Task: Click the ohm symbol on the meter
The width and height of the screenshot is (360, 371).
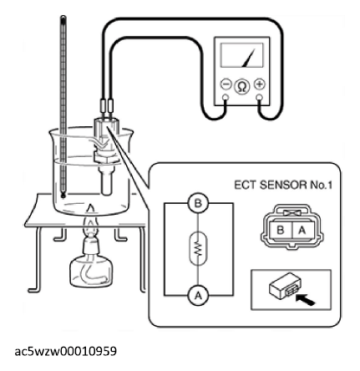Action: (242, 87)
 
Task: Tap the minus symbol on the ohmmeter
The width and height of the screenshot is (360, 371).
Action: (226, 84)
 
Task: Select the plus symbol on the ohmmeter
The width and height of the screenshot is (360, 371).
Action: (260, 84)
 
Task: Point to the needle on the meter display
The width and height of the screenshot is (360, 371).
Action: (249, 58)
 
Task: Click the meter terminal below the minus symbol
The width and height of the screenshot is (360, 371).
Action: (226, 97)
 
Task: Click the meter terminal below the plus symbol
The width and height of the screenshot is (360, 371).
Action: (260, 97)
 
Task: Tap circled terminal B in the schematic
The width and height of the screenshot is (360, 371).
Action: (198, 204)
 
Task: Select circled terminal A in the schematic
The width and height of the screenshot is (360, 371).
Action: (198, 296)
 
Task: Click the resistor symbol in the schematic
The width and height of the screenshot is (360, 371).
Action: (198, 249)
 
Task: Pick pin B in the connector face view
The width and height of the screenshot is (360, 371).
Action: (280, 231)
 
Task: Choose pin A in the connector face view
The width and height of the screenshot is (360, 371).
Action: (302, 231)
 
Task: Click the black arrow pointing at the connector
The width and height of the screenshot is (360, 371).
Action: (305, 300)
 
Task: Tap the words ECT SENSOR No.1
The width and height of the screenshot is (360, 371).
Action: (283, 185)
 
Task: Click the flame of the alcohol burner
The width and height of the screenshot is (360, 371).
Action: (90, 220)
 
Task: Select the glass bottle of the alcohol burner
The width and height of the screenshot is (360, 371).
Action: (91, 267)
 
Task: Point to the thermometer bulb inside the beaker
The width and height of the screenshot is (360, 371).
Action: (63, 195)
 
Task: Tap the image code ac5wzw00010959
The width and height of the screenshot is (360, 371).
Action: (66, 352)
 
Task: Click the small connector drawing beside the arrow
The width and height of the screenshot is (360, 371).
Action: (285, 284)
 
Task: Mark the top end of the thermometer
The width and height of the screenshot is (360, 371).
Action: (63, 17)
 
